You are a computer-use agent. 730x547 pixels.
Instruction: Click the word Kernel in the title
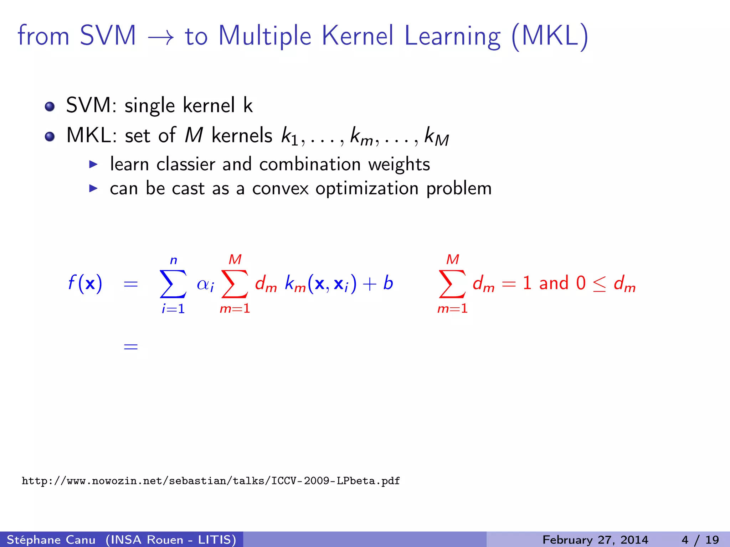point(358,36)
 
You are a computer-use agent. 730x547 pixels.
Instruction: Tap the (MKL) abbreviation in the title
point(549,36)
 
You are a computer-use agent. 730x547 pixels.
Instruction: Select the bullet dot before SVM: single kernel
point(50,106)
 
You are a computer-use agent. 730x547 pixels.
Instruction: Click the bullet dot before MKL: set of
point(50,136)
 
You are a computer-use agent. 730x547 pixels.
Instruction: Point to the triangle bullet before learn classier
point(93,164)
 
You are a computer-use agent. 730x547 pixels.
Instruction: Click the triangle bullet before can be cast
point(93,188)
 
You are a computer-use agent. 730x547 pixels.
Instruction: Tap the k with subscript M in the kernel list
point(436,137)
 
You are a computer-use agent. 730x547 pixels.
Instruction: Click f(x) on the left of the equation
point(85,283)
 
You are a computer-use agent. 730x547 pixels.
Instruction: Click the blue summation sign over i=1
point(173,283)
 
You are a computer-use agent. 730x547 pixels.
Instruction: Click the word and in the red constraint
point(554,283)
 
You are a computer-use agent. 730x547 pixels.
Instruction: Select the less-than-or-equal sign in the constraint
point(599,284)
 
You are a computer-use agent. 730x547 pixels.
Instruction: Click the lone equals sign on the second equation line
point(130,346)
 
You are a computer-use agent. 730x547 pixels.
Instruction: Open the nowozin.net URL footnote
point(211,481)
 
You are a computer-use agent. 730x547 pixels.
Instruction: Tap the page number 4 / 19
point(700,540)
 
